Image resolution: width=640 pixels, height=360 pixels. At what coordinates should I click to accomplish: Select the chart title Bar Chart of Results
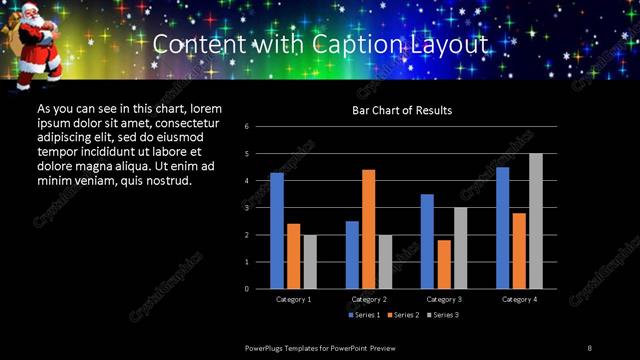[402, 110]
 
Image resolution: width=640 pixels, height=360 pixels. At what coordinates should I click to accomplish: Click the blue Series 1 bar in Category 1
[277, 230]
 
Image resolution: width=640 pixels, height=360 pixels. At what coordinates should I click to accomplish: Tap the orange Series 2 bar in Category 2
[368, 229]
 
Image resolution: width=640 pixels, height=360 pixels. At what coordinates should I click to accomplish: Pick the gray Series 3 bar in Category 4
[536, 221]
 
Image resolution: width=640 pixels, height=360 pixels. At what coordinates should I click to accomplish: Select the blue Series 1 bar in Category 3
[427, 241]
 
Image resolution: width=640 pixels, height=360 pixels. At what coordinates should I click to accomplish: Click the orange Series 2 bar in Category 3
[443, 264]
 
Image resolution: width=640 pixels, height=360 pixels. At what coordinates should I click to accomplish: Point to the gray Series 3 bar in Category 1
[309, 261]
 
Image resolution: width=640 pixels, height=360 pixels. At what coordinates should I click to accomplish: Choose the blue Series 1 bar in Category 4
[502, 228]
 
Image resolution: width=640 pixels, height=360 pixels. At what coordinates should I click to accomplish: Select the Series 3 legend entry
[445, 315]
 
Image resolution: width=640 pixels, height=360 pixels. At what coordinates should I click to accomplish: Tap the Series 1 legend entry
[364, 315]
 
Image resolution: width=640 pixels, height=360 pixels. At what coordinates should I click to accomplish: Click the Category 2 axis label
[368, 299]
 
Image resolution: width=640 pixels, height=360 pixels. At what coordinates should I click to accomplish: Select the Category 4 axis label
[519, 299]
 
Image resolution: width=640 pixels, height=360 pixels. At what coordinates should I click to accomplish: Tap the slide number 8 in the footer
[590, 347]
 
